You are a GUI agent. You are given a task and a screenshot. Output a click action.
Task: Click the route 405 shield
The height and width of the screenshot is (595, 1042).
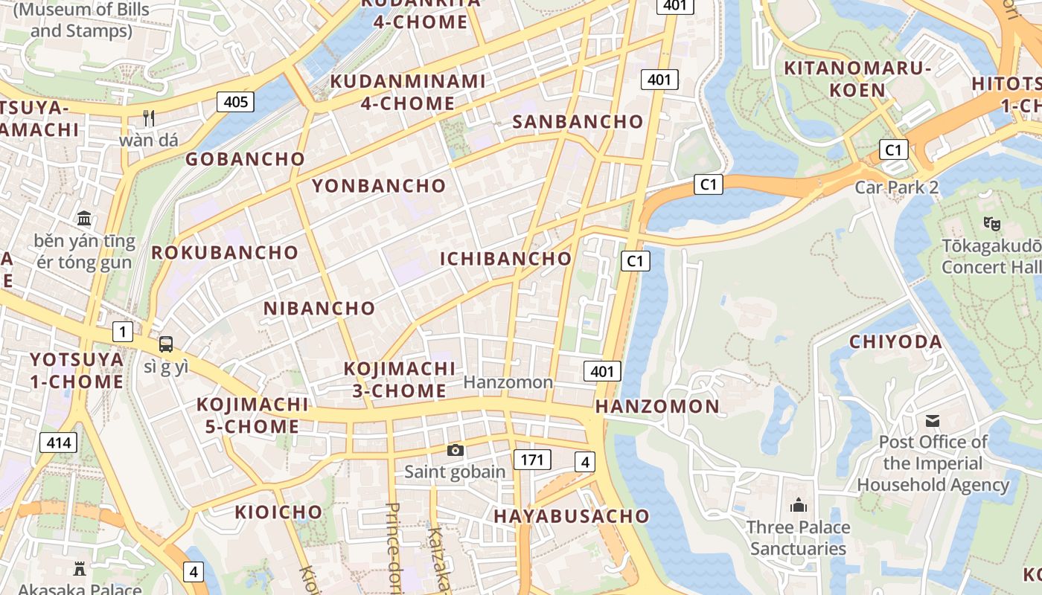coord(235,101)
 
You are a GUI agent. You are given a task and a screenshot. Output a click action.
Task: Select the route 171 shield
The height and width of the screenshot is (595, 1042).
coord(531,460)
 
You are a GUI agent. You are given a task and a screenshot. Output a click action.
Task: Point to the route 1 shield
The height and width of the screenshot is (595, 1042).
coord(123,332)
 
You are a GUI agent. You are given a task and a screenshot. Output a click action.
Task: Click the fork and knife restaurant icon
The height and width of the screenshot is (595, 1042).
coord(149,118)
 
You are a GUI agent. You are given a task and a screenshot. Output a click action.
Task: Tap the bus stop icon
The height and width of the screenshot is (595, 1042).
coord(165,344)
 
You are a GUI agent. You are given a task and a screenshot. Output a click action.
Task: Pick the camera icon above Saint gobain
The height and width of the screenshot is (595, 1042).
coord(455,450)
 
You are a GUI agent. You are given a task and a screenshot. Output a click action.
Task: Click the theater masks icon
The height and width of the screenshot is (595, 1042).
coord(991,222)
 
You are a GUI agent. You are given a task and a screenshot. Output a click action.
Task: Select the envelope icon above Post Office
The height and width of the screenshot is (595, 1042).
coord(932,421)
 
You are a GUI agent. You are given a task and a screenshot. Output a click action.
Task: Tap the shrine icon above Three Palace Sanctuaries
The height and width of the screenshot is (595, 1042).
coord(799,506)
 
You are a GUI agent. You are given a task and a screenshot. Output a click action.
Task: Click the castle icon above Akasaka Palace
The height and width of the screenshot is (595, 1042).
coord(79,569)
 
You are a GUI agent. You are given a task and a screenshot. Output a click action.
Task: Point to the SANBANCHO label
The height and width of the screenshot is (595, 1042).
coord(578,122)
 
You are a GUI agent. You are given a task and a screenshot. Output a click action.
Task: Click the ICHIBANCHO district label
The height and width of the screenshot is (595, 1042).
coord(506,259)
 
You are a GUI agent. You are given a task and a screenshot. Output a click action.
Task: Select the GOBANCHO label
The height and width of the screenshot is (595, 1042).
coord(245,159)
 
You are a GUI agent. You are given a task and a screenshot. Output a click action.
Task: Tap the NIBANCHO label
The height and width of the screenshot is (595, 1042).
coord(319,308)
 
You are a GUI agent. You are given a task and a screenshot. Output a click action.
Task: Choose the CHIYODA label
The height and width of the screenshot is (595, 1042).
coord(896,342)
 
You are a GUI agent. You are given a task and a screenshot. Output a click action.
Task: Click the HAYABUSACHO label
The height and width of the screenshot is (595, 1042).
coord(571,516)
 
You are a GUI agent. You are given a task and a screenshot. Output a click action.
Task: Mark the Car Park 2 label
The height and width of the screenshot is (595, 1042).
coord(896,187)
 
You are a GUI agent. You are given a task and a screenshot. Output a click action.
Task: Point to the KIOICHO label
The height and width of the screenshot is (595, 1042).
coord(278,512)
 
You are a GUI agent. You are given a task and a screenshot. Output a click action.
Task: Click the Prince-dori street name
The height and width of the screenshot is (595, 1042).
coord(393,547)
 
